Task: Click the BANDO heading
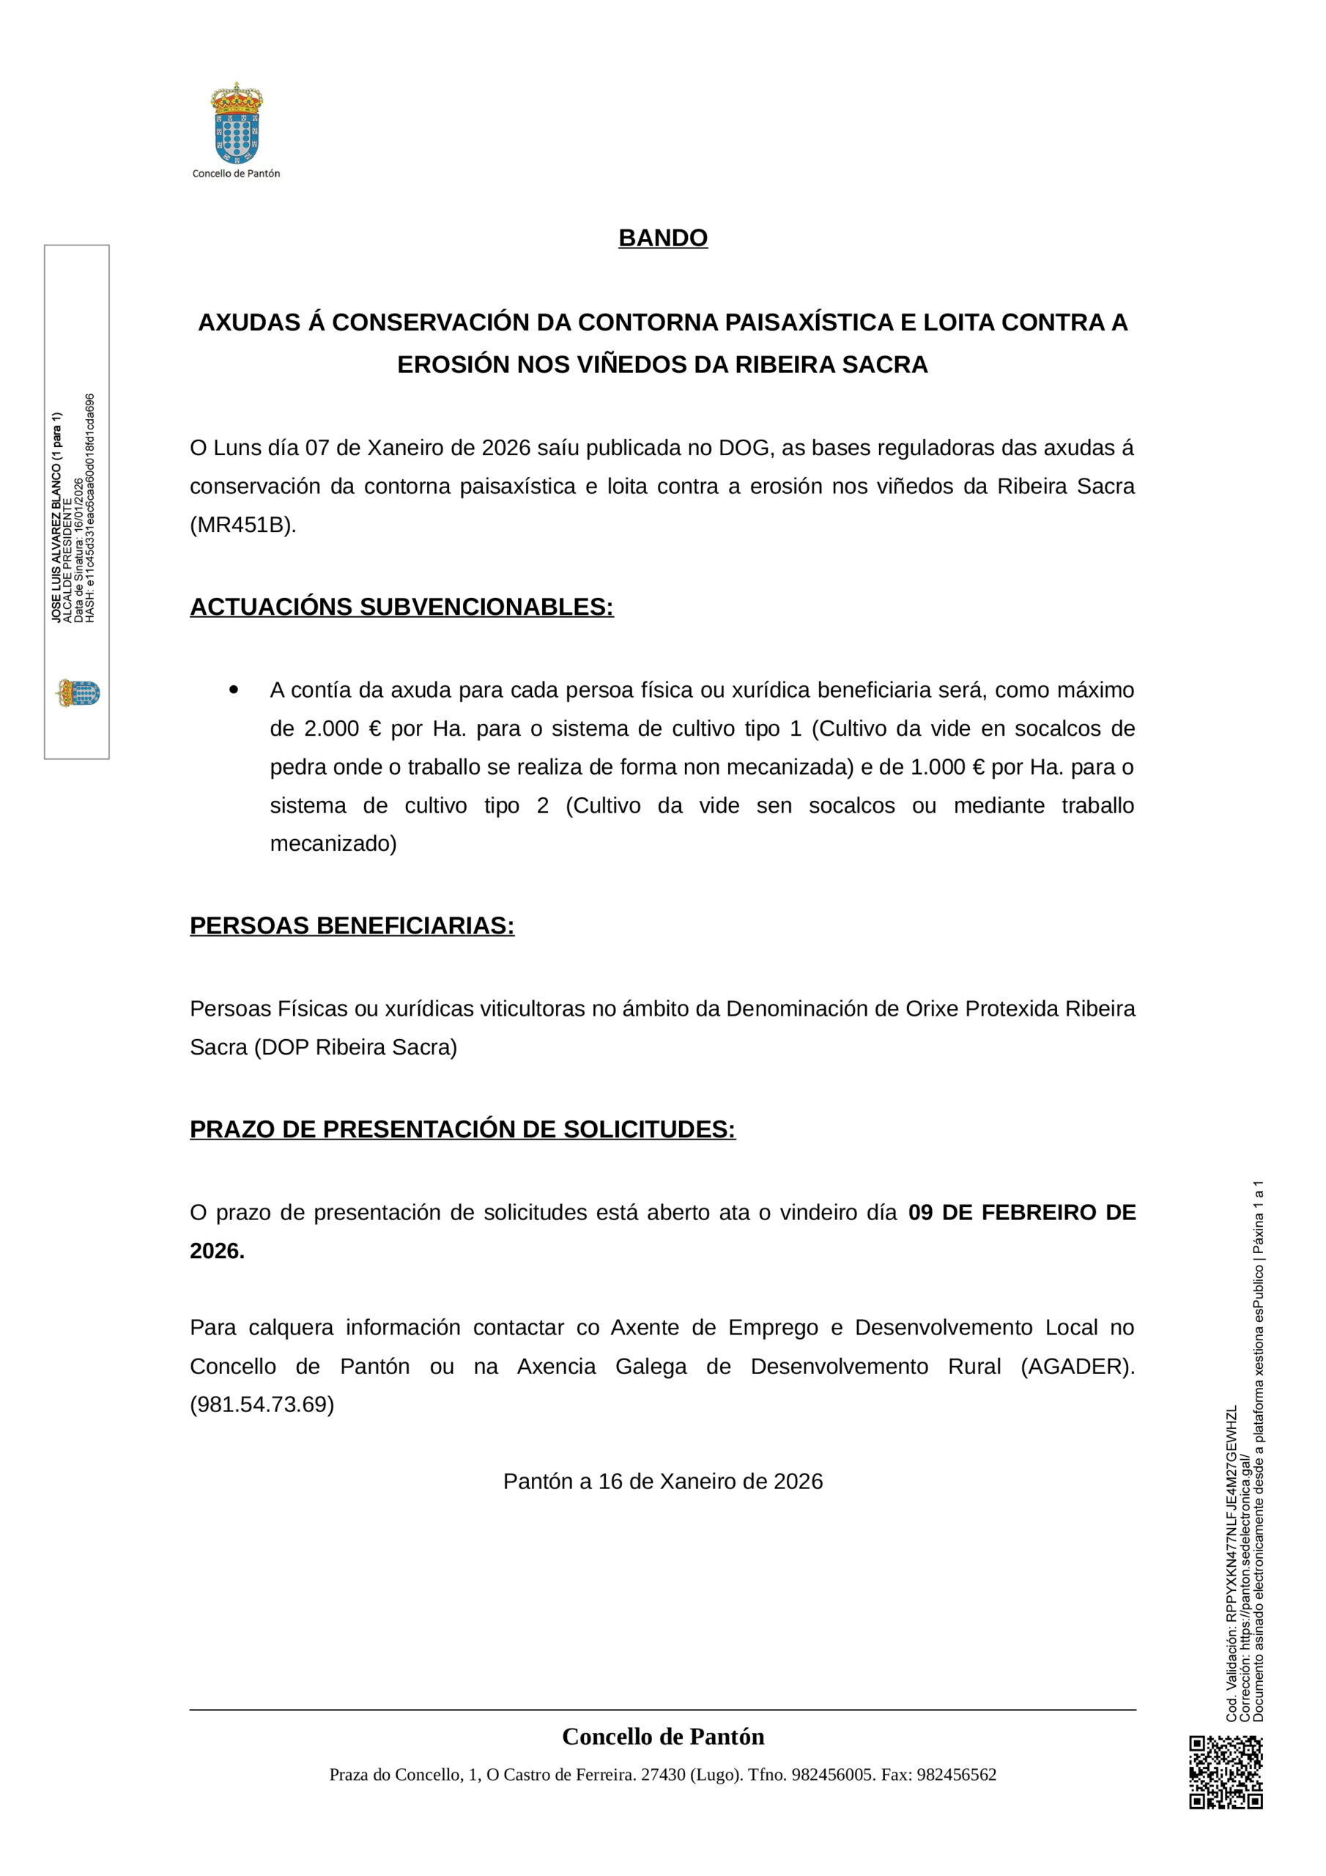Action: [662, 237]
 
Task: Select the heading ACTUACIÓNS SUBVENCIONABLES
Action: [401, 607]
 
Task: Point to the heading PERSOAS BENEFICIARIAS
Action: [352, 925]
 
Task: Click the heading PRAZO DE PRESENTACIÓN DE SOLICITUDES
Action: [462, 1129]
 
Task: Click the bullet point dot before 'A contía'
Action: [234, 690]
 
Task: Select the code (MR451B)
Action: [242, 525]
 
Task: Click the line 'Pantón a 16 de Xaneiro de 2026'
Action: [662, 1481]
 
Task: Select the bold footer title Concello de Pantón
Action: [662, 1736]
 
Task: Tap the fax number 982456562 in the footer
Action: [956, 1775]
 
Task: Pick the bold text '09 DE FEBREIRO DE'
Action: [1021, 1212]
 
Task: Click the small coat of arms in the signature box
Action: [78, 693]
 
